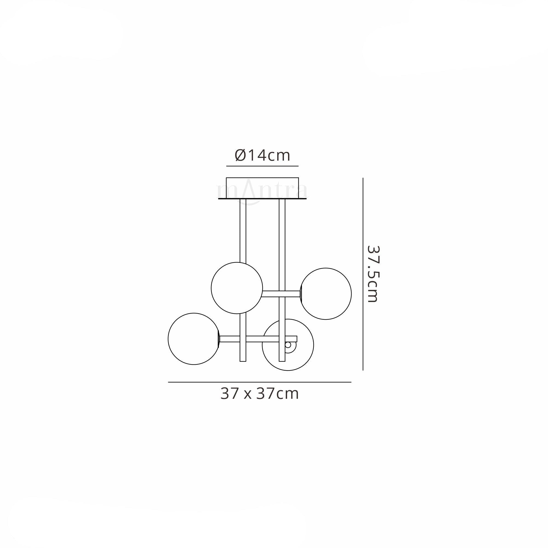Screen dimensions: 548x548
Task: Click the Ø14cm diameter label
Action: pyautogui.click(x=262, y=155)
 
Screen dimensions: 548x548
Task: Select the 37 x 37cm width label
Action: pyautogui.click(x=259, y=394)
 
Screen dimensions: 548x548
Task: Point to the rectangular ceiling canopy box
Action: pyautogui.click(x=262, y=188)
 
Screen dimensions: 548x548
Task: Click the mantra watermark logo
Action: pyautogui.click(x=262, y=192)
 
